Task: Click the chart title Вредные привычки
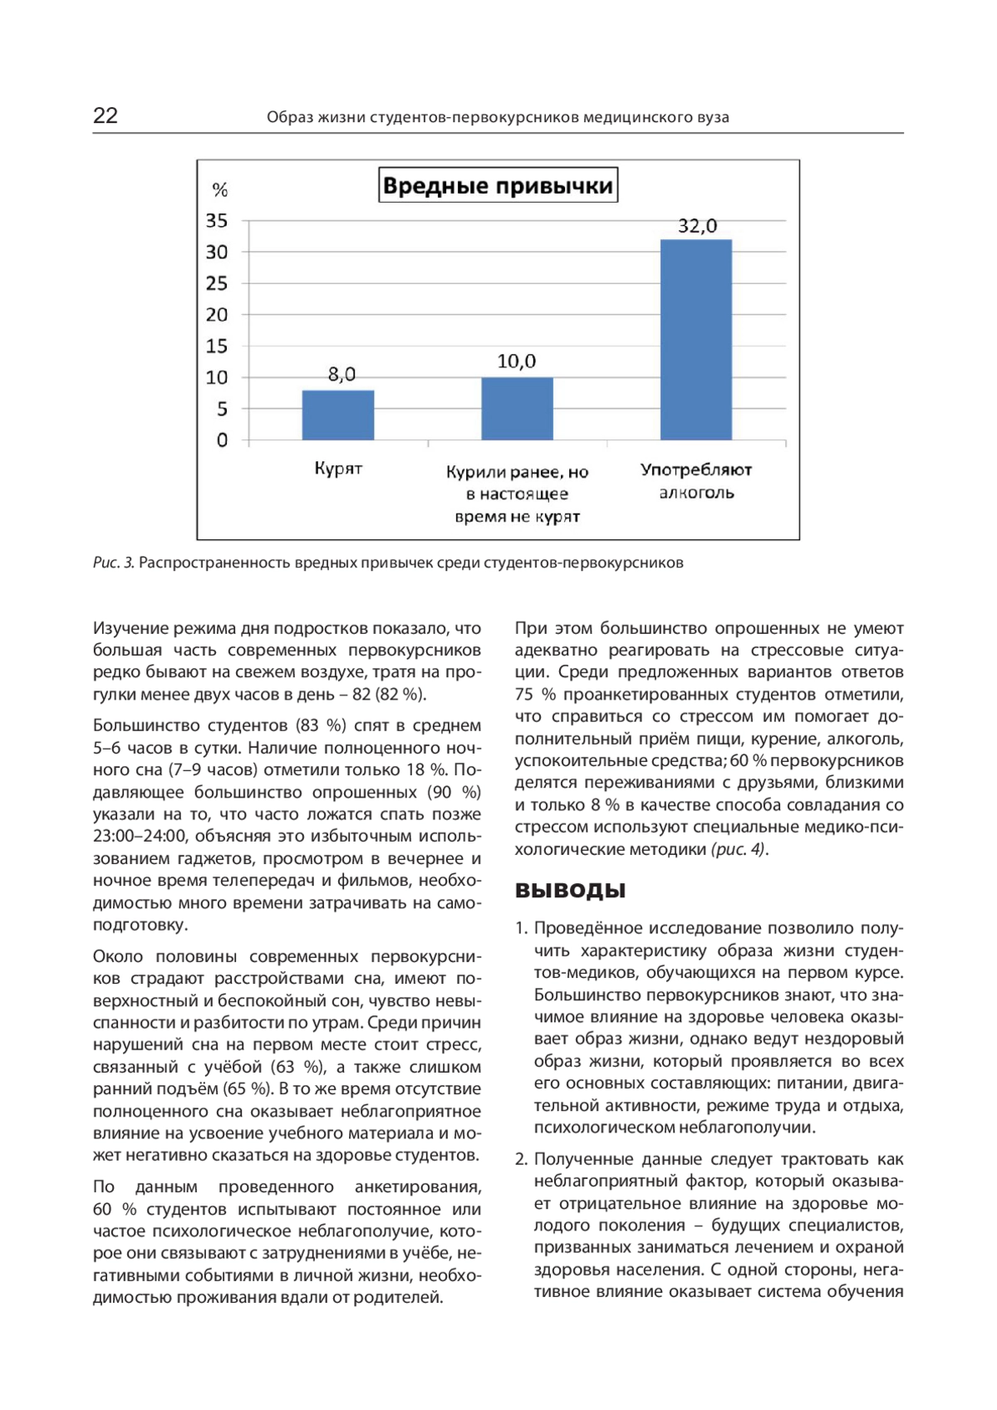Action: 498,185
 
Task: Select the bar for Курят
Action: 338,415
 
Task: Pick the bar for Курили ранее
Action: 517,408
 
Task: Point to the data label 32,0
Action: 697,226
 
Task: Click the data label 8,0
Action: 341,374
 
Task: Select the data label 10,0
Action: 517,361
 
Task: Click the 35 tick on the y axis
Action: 217,221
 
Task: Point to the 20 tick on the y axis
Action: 217,315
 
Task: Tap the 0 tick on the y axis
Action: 222,440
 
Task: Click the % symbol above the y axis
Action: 220,190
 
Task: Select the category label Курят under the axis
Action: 338,469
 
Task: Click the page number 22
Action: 106,115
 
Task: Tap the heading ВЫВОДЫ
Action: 570,891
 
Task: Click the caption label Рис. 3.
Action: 113,563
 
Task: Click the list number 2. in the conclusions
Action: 522,1159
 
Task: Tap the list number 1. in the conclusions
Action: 521,928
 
